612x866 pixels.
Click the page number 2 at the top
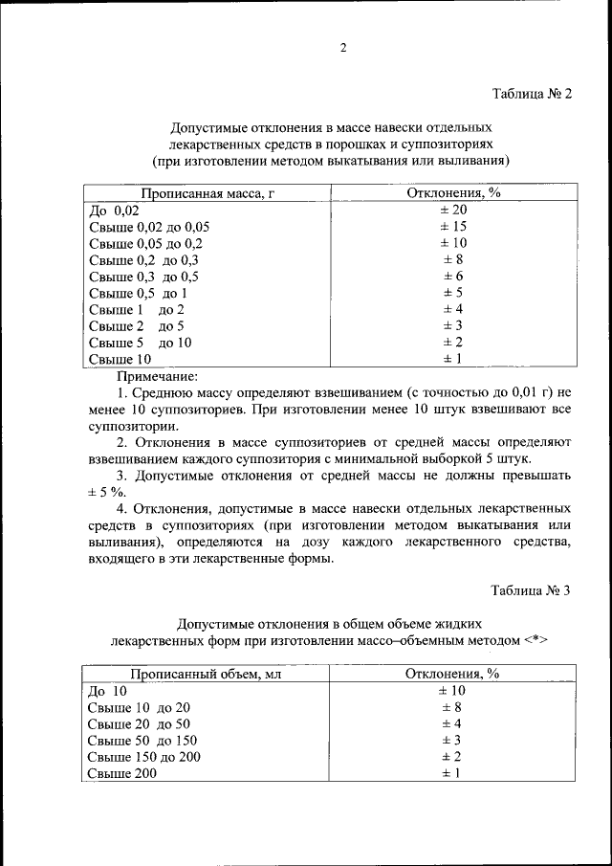click(x=341, y=48)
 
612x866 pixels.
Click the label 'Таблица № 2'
click(x=531, y=94)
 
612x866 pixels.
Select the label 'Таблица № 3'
click(x=531, y=590)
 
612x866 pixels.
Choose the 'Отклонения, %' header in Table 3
click(x=452, y=674)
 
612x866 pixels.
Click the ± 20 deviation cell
click(x=452, y=211)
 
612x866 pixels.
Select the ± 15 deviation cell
click(x=452, y=227)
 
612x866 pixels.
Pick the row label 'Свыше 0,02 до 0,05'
click(x=148, y=227)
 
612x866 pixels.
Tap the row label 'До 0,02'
click(x=114, y=211)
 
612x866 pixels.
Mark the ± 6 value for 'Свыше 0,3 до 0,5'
click(x=452, y=277)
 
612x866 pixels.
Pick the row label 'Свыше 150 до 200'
click(x=144, y=756)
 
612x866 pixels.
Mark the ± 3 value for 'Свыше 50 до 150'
click(x=452, y=740)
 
